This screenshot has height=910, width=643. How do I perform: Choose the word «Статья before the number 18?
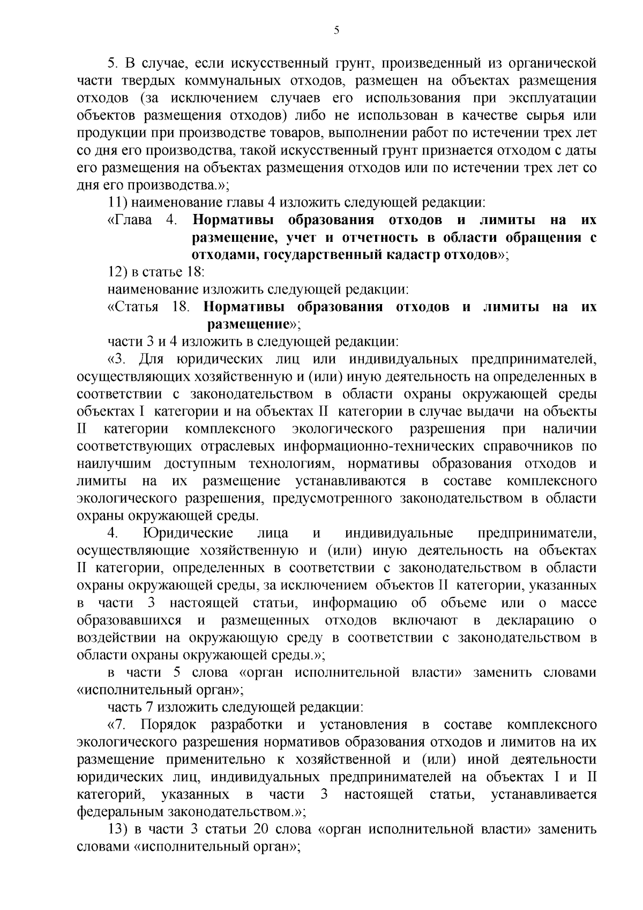coord(133,307)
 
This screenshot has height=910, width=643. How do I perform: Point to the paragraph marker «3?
coord(117,359)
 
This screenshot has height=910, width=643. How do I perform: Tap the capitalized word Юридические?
coord(188,533)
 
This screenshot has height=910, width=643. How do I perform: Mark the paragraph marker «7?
coord(117,726)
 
